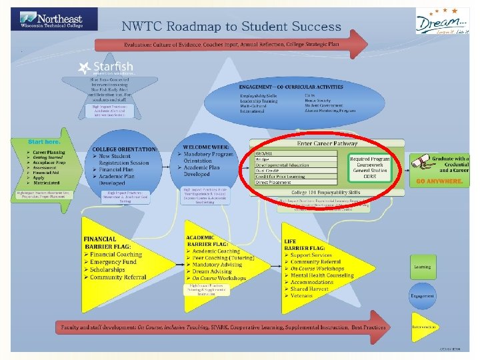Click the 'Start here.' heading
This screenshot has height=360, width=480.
point(44,142)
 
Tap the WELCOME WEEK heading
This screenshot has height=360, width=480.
point(207,146)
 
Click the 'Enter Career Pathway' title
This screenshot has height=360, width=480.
point(327,143)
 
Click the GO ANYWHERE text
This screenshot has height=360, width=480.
point(439,181)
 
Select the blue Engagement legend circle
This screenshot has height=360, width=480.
point(422,295)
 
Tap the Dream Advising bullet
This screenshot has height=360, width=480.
point(214,271)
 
